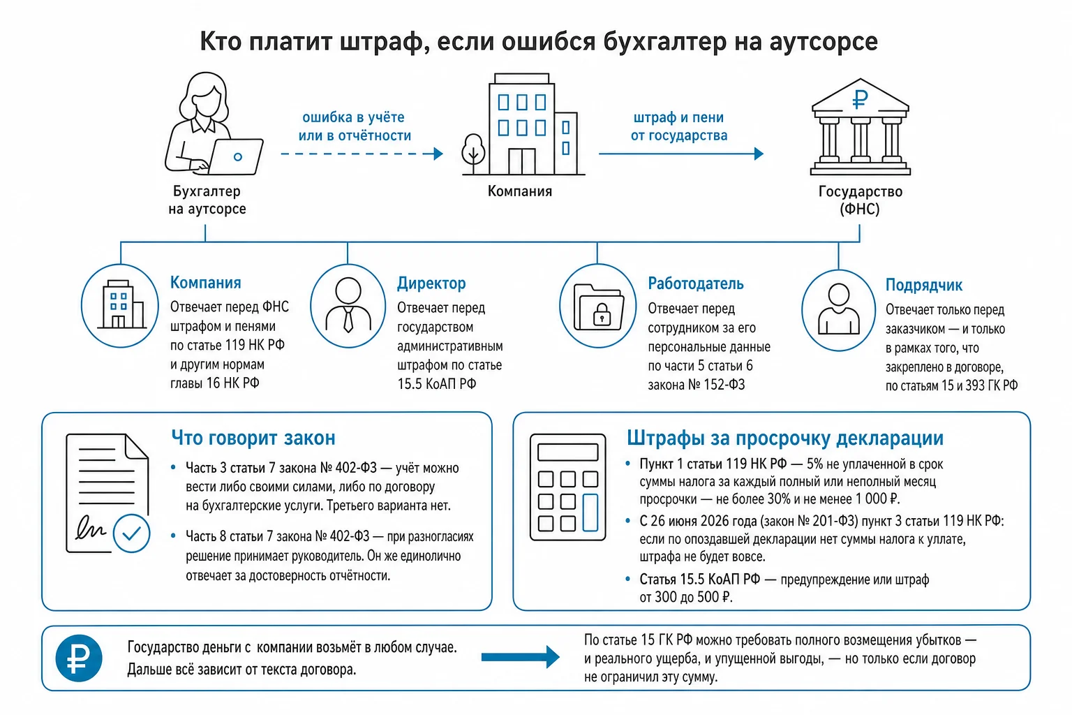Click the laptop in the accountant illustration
235,156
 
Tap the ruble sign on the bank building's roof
860,100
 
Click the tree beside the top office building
473,153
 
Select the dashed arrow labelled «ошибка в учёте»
362,154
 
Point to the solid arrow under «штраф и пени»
681,154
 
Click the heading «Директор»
431,283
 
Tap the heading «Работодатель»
695,283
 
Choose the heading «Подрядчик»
923,285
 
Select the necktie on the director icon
348,319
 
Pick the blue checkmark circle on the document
132,533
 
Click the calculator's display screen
567,452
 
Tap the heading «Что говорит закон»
253,438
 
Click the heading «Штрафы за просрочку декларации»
785,438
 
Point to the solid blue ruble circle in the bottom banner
79,658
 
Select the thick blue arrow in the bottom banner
520,658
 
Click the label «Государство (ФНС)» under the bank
860,200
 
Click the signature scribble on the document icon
91,529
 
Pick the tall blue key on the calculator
590,513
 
